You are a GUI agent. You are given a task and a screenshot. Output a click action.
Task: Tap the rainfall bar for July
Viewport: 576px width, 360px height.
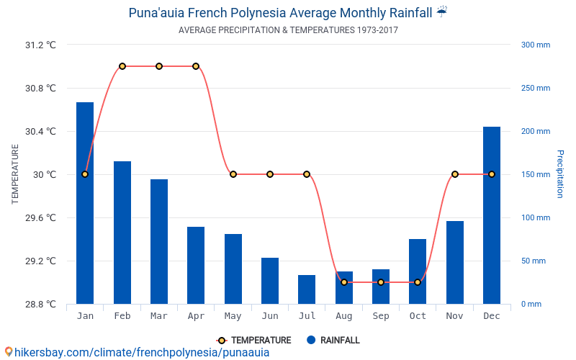click(x=307, y=289)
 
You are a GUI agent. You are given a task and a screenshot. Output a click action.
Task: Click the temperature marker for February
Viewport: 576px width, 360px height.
click(x=122, y=66)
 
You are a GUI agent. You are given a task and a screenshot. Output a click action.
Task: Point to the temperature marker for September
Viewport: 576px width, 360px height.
click(x=381, y=282)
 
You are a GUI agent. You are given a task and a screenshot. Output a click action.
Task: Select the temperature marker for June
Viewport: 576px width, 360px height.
click(x=270, y=174)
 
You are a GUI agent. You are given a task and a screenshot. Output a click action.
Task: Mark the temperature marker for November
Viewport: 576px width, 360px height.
click(x=455, y=174)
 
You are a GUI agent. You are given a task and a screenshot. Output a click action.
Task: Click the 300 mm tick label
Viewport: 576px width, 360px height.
click(x=535, y=45)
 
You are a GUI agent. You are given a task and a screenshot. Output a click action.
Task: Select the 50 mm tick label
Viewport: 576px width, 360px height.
click(x=534, y=261)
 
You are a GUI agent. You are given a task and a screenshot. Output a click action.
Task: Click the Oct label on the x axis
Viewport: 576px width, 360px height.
click(x=418, y=316)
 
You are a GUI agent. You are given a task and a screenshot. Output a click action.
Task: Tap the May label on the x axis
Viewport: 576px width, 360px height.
click(x=233, y=316)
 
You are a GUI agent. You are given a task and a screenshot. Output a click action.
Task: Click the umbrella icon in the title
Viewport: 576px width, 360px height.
click(x=442, y=12)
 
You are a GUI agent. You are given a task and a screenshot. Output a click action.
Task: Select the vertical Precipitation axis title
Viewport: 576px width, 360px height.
click(x=560, y=174)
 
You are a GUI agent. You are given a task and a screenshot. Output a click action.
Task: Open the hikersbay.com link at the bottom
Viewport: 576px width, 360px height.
click(x=137, y=352)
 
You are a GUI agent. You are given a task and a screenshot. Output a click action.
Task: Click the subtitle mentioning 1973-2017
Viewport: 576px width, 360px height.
click(x=288, y=30)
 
